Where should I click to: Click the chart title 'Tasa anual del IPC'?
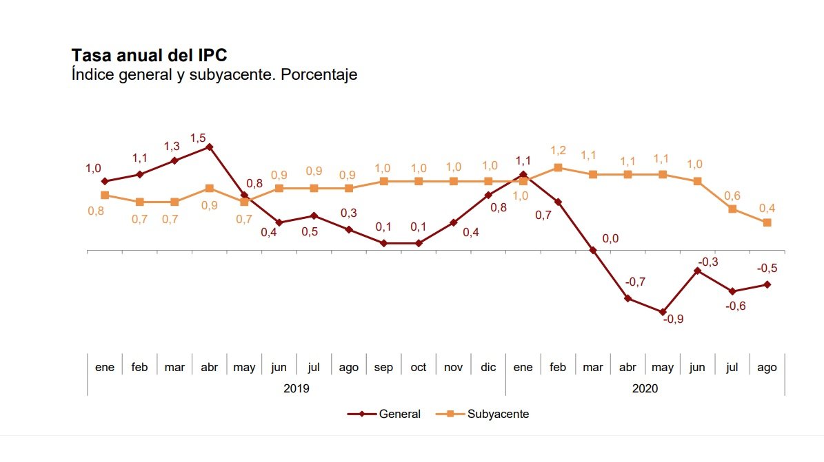(149, 55)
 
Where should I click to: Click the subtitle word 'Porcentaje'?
(323, 74)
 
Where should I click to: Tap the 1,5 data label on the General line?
(198, 138)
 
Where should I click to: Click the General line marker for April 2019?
(209, 147)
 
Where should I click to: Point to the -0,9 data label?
(673, 319)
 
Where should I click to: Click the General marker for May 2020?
(663, 312)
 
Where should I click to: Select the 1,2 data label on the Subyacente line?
(558, 150)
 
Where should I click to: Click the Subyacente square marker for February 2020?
(558, 167)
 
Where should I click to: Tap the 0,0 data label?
(610, 238)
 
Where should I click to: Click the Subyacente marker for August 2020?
(767, 222)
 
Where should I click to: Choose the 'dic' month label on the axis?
(488, 368)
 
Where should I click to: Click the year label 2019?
(297, 388)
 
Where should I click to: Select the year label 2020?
(645, 388)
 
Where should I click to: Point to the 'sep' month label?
(383, 368)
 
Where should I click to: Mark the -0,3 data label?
(708, 262)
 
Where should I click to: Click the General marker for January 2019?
(105, 181)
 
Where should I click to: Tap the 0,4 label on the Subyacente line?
(767, 207)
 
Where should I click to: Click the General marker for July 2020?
(732, 291)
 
